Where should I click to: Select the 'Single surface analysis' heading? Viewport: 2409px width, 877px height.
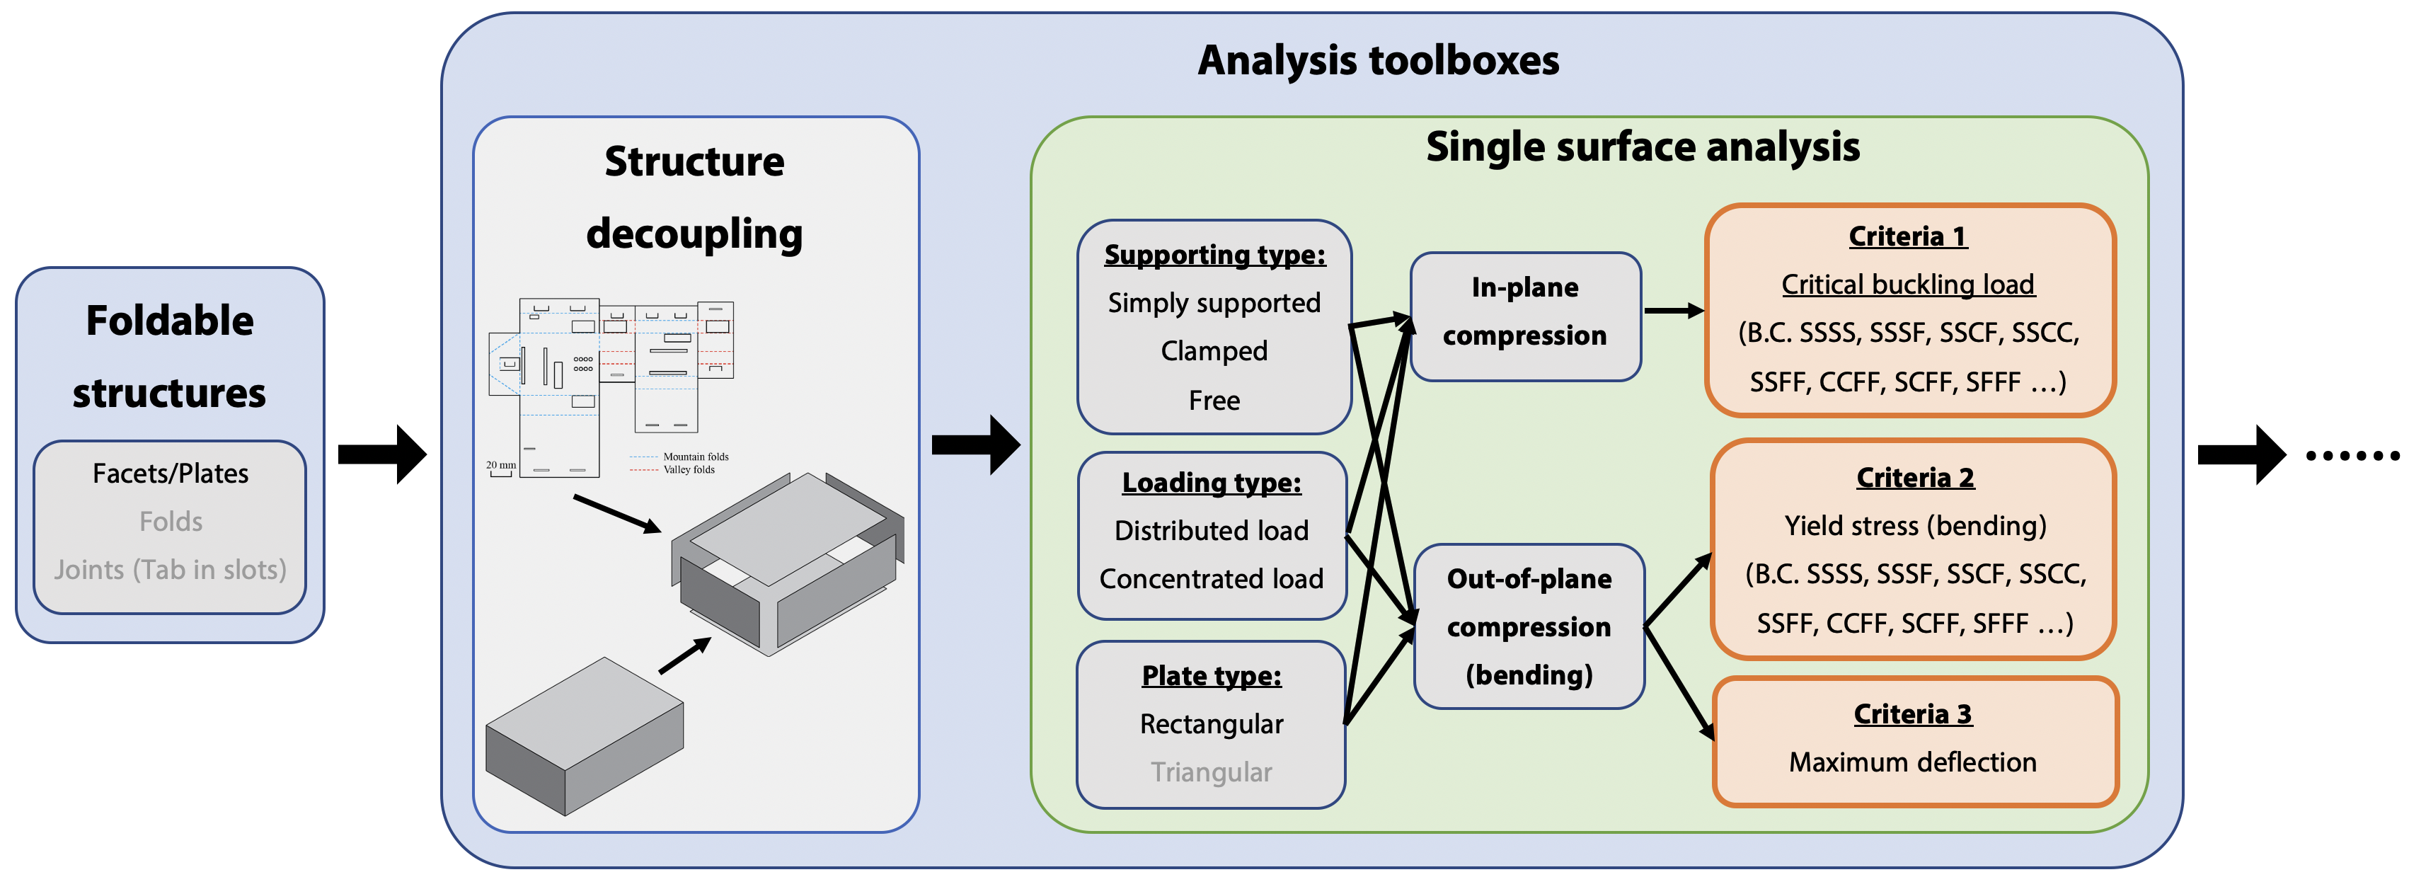[1642, 147]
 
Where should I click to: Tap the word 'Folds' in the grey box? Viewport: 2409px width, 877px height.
[170, 522]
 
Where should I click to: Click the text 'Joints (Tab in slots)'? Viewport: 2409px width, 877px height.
[170, 569]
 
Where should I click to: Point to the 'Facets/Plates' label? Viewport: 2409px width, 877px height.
[170, 474]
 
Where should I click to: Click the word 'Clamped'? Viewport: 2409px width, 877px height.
[1214, 352]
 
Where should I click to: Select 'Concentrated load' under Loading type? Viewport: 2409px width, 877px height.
[1211, 579]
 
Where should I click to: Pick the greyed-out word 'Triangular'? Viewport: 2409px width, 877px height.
[1211, 772]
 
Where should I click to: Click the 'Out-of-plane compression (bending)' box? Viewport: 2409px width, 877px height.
[1529, 626]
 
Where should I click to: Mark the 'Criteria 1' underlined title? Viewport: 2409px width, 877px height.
[1908, 236]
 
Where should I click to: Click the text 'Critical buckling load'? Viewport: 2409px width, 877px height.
[1908, 285]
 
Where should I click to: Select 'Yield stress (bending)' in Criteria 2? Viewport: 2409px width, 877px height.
[1914, 525]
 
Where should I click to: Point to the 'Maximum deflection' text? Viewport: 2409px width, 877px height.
[1912, 762]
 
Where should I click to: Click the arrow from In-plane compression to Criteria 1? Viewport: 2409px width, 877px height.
[1673, 311]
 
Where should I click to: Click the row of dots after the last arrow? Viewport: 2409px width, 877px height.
[2351, 457]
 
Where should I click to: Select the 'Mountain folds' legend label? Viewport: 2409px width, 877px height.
[696, 457]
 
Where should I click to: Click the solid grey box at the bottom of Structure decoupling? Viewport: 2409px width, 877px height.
[585, 739]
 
